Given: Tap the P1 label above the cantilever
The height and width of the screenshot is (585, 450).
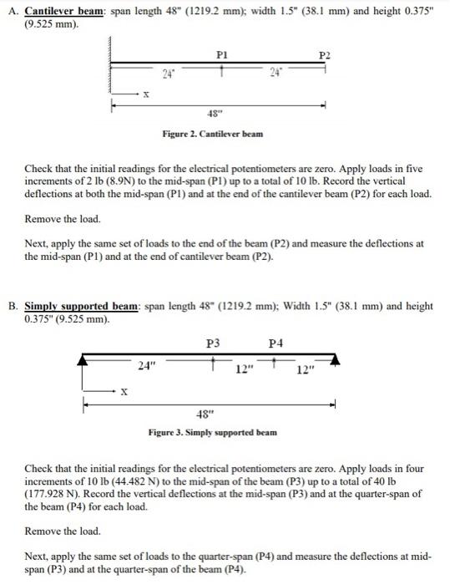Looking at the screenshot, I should (221, 53).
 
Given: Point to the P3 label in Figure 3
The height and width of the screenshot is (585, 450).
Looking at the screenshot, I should (214, 342).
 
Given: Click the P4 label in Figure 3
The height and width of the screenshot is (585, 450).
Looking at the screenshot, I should (276, 342).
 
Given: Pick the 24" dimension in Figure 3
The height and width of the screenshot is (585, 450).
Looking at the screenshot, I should (147, 364).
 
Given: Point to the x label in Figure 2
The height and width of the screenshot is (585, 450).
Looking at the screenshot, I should (148, 94).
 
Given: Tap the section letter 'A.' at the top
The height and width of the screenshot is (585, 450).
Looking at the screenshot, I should (11, 12).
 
